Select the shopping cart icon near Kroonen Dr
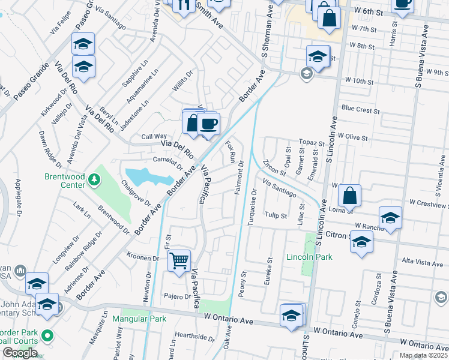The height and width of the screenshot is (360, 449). tap(179, 261)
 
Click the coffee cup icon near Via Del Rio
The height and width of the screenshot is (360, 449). tap(208, 124)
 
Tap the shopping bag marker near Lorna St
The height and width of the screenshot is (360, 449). tap(349, 196)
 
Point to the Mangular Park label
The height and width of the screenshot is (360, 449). tap(139, 319)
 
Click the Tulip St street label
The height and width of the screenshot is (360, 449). tap(277, 215)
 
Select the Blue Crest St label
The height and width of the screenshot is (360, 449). tap(360, 110)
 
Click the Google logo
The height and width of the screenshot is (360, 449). tap(20, 353)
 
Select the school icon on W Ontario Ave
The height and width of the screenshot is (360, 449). tap(292, 316)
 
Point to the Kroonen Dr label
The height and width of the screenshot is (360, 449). tap(142, 258)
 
